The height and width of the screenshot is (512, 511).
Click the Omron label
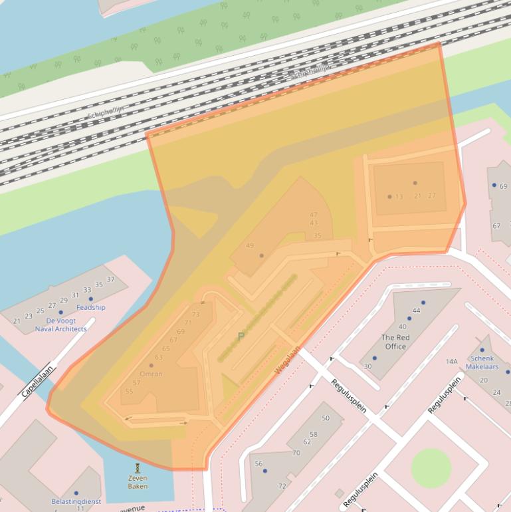point(151,374)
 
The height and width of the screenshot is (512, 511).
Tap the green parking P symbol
point(241,336)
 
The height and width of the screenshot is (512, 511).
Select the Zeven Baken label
point(138,482)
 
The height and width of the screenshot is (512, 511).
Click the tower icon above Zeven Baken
point(138,467)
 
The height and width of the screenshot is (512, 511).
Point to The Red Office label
point(395,342)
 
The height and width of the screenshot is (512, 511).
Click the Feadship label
point(90,307)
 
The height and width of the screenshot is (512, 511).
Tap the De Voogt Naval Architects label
point(60,324)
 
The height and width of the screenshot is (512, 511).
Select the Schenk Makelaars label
point(482,362)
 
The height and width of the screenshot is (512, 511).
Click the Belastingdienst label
point(76,501)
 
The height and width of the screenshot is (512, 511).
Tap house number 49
point(250,245)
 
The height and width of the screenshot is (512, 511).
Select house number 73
point(195,315)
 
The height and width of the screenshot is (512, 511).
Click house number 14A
point(452,362)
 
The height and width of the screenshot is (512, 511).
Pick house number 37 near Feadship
point(110,279)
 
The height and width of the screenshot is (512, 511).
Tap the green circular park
point(431,467)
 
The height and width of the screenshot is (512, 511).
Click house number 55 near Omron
point(129,391)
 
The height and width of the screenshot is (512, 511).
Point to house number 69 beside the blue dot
point(503,186)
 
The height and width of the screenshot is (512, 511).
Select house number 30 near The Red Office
point(367,366)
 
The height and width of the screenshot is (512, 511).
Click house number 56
point(258,464)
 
